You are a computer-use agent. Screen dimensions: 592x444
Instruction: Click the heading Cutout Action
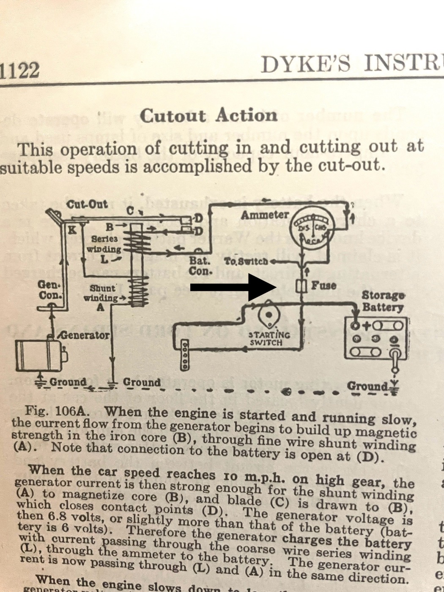[209, 116]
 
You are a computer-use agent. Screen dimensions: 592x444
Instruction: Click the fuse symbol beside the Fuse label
[301, 286]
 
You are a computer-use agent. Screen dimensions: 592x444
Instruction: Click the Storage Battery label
[382, 301]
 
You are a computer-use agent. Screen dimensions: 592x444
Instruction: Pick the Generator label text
[85, 335]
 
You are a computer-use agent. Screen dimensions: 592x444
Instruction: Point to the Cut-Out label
[88, 205]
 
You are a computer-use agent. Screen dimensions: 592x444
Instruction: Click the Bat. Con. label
[200, 266]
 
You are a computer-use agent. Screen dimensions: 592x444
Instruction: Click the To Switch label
[246, 261]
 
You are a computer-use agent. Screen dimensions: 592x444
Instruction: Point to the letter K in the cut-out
[73, 230]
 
